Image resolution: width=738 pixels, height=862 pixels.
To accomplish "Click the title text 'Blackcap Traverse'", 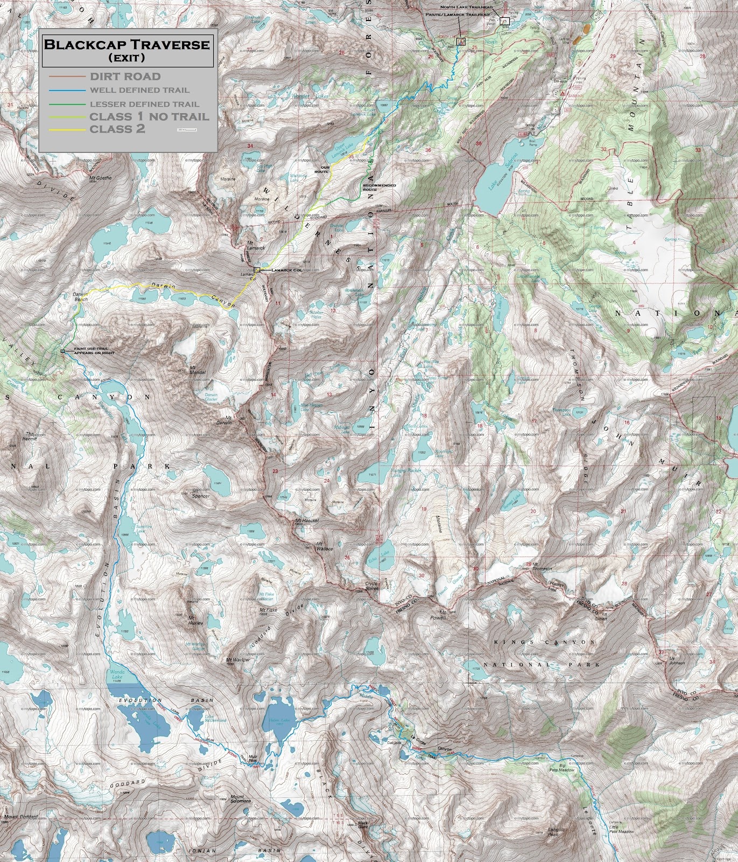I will click(x=126, y=44).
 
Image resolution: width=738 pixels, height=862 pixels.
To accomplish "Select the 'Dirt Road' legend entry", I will click(x=125, y=77).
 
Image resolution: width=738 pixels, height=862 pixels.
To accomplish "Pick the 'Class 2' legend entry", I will click(x=117, y=129).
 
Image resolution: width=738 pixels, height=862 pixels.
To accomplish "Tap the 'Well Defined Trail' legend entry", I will click(x=139, y=91).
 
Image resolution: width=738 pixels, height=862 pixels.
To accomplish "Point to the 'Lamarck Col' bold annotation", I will click(x=286, y=270).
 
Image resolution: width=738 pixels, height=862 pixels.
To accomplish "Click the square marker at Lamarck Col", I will click(x=257, y=270).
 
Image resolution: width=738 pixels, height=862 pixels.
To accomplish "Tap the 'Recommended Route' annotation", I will click(x=379, y=187).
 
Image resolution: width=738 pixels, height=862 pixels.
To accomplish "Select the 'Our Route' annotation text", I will click(x=321, y=170).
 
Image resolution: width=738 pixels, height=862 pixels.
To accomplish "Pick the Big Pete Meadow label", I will click(x=565, y=767).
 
